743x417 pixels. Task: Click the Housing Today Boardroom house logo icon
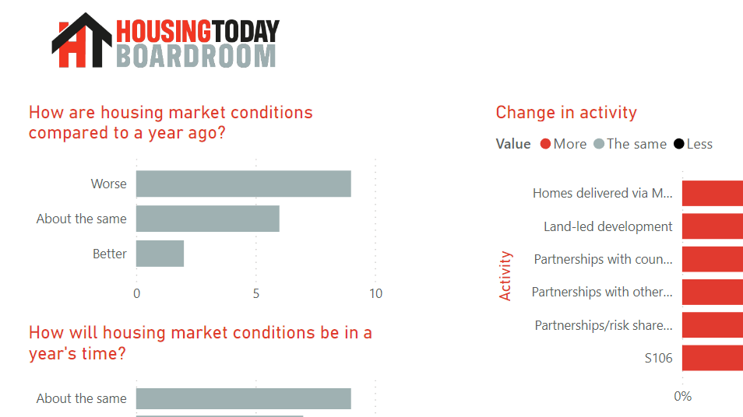click(x=82, y=41)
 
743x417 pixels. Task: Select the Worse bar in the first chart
click(x=243, y=184)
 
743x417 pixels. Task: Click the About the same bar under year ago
click(x=207, y=219)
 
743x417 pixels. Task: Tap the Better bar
click(x=160, y=254)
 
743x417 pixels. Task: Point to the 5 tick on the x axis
click(x=255, y=294)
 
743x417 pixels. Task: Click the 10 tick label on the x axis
click(x=375, y=294)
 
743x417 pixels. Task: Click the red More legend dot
click(x=545, y=144)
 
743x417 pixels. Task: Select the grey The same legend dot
click(x=599, y=144)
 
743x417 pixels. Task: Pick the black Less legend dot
click(x=679, y=144)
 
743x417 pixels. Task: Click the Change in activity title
click(x=566, y=113)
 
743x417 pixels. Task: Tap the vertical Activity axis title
click(x=505, y=275)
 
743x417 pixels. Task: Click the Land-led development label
click(x=607, y=226)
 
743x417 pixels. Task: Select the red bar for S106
click(x=713, y=358)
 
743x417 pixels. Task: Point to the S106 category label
click(x=658, y=358)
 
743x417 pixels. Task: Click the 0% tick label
click(x=682, y=396)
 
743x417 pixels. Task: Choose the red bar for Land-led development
click(x=713, y=226)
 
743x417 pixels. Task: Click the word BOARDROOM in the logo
click(x=195, y=55)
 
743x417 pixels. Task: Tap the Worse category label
click(x=108, y=184)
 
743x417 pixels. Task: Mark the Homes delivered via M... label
click(x=602, y=193)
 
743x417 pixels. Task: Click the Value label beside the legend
click(x=512, y=144)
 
